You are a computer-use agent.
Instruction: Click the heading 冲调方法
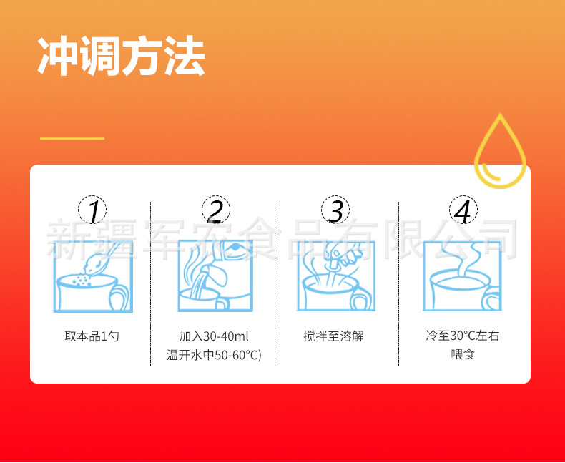coord(121,56)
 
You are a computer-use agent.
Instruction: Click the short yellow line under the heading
coord(72,138)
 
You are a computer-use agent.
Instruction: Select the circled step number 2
coord(215,210)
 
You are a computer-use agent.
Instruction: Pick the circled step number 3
coord(336,210)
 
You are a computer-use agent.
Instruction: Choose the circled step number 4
coord(463,210)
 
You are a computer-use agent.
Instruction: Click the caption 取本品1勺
coord(92,336)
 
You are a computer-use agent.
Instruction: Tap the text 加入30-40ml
coord(214,336)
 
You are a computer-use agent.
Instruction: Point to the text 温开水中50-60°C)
coord(214,354)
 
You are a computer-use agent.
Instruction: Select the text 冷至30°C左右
coord(463,336)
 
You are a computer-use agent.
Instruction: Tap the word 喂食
coord(463,354)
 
